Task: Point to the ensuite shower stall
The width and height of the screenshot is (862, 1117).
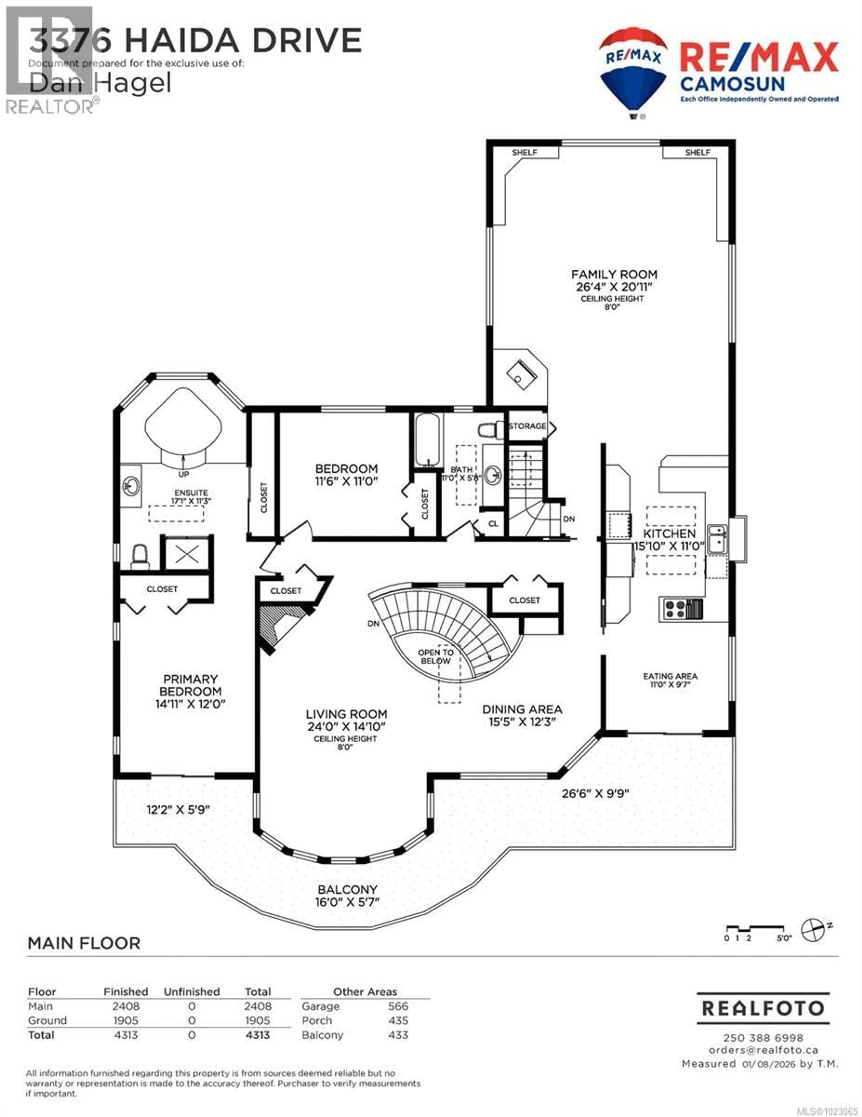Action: point(187,554)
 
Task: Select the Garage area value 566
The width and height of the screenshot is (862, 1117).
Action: point(398,1006)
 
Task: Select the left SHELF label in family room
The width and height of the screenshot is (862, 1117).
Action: point(524,152)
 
